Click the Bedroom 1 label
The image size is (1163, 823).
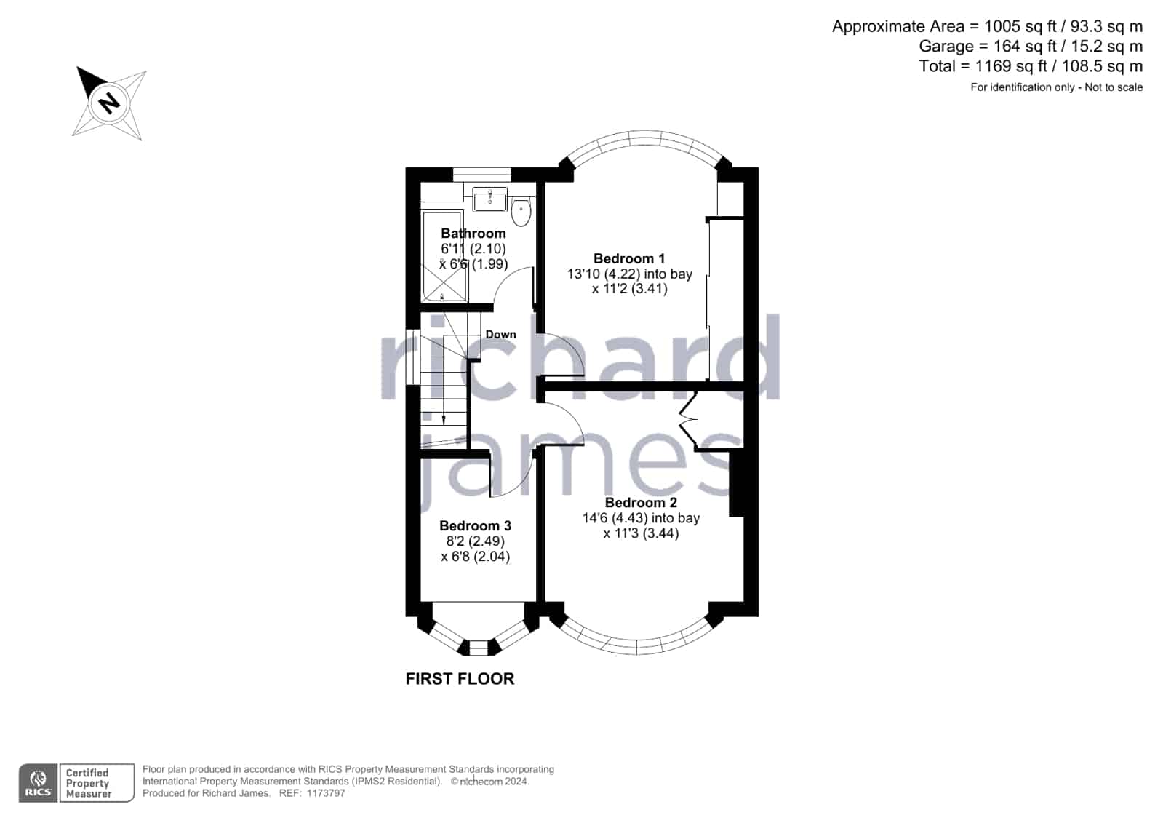[x=628, y=259]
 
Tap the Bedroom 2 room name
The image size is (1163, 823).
[x=641, y=503]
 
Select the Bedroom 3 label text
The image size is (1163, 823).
[x=475, y=526]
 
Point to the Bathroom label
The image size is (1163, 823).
[x=473, y=234]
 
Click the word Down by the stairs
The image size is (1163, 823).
[x=500, y=335]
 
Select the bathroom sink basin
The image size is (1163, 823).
[x=489, y=199]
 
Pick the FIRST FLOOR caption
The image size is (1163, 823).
[x=460, y=679]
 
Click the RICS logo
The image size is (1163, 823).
[x=38, y=783]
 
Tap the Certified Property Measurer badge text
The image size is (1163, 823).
[x=88, y=783]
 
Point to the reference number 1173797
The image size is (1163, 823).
[x=326, y=793]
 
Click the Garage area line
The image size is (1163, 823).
[x=1031, y=47]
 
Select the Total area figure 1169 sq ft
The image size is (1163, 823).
[x=1016, y=66]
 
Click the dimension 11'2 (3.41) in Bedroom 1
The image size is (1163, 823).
[x=629, y=289]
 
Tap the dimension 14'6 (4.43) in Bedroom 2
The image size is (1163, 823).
[x=614, y=518]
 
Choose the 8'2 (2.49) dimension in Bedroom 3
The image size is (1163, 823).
[x=475, y=541]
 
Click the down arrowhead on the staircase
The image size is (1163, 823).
[x=444, y=420]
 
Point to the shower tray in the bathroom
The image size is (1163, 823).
[x=444, y=256]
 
